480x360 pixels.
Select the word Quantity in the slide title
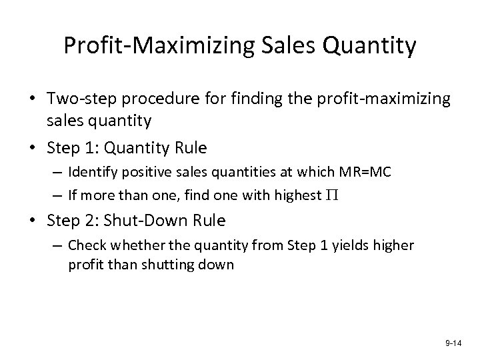pyautogui.click(x=365, y=46)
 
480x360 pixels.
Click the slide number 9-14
pyautogui.click(x=453, y=343)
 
